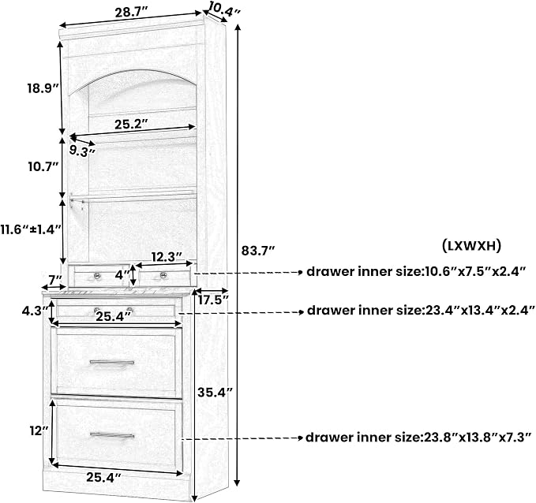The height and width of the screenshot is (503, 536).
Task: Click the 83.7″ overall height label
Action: click(258, 251)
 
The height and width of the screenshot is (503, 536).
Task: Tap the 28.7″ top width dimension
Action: click(131, 13)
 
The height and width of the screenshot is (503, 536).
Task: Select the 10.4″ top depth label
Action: click(224, 9)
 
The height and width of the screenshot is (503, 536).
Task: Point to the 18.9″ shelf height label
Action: click(44, 88)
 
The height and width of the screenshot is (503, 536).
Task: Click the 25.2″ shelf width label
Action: click(131, 125)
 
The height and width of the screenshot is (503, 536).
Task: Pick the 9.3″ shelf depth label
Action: click(82, 151)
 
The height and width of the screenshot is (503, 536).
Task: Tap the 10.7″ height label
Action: click(43, 167)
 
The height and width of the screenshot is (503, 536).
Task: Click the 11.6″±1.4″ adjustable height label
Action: click(31, 229)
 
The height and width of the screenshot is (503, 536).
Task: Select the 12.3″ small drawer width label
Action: click(167, 257)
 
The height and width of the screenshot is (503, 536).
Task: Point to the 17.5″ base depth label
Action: click(213, 300)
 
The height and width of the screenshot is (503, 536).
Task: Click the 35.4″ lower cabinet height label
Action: click(215, 393)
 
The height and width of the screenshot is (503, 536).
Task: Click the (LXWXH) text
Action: click(471, 245)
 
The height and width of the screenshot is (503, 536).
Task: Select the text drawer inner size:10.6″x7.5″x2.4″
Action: click(416, 272)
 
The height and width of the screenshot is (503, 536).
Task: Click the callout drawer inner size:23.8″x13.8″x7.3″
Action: click(418, 438)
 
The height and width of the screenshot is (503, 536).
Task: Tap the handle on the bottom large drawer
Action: click(112, 436)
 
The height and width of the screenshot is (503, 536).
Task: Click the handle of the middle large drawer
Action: click(112, 363)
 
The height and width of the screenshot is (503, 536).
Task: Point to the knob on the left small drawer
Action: click(97, 275)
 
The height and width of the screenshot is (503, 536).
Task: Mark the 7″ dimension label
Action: click(54, 279)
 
